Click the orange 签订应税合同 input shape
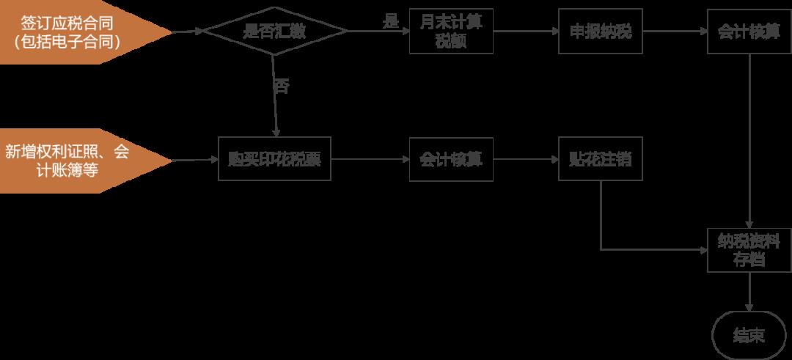click(x=73, y=32)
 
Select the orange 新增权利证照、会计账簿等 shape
click(x=73, y=160)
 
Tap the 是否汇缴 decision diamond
click(x=274, y=32)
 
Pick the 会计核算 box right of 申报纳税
click(x=748, y=32)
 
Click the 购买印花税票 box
click(x=274, y=160)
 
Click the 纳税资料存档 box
click(x=748, y=250)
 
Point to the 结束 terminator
click(x=748, y=336)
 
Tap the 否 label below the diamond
click(x=281, y=86)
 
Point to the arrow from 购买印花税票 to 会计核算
click(x=370, y=160)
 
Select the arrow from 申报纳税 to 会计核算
click(x=675, y=32)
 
